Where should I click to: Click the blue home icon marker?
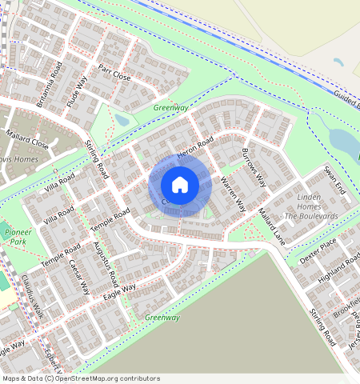[x=180, y=185]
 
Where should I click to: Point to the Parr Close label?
[x=114, y=74]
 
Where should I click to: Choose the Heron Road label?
[x=195, y=146]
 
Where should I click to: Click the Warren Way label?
[x=232, y=194]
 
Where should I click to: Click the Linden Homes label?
[x=308, y=197]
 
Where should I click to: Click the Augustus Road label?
[x=105, y=263]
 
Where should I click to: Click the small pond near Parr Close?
[x=122, y=120]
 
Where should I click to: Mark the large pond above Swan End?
[x=342, y=140]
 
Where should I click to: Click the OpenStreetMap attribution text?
[x=81, y=378]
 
